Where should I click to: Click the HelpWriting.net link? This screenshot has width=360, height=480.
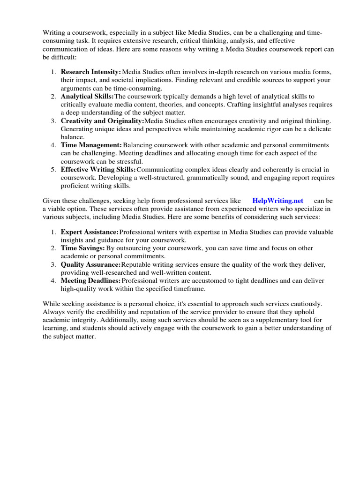pyautogui.click(x=278, y=201)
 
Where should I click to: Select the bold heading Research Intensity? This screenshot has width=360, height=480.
pyautogui.click(x=91, y=72)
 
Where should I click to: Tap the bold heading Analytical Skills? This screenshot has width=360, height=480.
pyautogui.click(x=87, y=96)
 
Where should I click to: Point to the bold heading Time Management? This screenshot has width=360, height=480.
pyautogui.click(x=91, y=145)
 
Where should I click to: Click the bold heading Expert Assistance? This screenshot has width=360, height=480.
pyautogui.click(x=90, y=232)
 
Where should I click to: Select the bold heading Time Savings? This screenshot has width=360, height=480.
pyautogui.click(x=82, y=248)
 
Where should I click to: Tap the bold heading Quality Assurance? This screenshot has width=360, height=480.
pyautogui.click(x=91, y=264)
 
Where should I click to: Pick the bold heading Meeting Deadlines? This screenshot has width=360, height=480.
pyautogui.click(x=91, y=280)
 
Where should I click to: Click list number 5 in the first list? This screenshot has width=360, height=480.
pyautogui.click(x=53, y=169)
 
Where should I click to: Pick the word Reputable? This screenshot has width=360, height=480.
pyautogui.click(x=139, y=264)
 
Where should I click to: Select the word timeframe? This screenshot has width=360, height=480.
pyautogui.click(x=188, y=289)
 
